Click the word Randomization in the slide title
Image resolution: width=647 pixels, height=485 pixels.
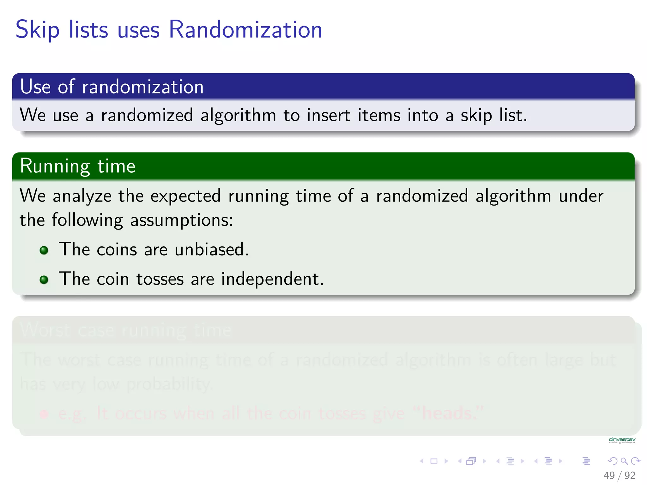(x=245, y=30)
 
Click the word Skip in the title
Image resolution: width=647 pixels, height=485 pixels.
(x=37, y=30)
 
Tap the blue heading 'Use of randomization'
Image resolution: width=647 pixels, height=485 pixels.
(x=112, y=87)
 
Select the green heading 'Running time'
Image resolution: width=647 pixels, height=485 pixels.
(x=78, y=166)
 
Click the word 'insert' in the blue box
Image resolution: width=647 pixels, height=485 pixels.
(x=328, y=115)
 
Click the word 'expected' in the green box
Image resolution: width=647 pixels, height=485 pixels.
(x=185, y=196)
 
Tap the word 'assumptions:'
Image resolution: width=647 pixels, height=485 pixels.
(x=182, y=220)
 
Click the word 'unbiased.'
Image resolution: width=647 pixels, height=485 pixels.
(x=212, y=249)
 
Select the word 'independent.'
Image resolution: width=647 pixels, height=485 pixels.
(x=272, y=279)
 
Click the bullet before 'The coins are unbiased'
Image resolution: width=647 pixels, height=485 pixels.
(x=44, y=250)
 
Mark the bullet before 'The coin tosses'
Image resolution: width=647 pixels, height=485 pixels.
(x=44, y=280)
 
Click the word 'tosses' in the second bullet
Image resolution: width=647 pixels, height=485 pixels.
(x=160, y=279)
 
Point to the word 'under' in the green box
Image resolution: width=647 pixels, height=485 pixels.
(x=581, y=196)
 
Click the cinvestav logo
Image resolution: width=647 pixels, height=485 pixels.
(x=622, y=440)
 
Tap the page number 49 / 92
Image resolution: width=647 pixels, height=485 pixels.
(x=619, y=475)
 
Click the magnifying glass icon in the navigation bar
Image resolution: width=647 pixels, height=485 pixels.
(x=624, y=461)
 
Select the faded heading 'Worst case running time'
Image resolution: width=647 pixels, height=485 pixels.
(x=126, y=330)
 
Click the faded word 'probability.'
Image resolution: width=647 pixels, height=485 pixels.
(x=169, y=385)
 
